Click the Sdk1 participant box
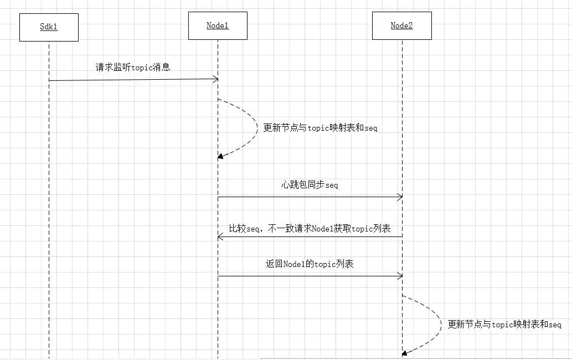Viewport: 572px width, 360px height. click(49, 27)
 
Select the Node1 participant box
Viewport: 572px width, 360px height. click(218, 25)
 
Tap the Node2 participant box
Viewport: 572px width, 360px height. click(401, 25)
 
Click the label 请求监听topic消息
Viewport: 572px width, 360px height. click(133, 67)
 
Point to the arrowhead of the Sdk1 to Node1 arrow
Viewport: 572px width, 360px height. click(215, 79)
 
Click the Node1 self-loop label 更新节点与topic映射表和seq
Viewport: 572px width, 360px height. click(320, 127)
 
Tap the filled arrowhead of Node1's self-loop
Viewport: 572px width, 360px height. click(220, 157)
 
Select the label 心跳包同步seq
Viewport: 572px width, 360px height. click(310, 184)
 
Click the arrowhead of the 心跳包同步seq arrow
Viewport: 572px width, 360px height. click(400, 197)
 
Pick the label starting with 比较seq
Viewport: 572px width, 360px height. click(310, 229)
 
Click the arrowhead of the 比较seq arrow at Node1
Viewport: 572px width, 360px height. click(220, 238)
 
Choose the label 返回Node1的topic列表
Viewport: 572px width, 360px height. click(310, 264)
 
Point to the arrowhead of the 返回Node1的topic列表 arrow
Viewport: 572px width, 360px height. click(400, 276)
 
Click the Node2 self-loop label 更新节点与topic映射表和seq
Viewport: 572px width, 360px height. click(504, 324)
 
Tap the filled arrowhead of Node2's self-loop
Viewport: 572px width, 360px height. click(405, 353)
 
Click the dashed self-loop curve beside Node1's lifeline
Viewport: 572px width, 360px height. click(257, 127)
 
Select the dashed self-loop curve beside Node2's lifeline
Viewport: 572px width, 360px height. click(442, 324)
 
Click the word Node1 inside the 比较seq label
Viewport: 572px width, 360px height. click(323, 229)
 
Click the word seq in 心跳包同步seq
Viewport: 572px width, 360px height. click(332, 186)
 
